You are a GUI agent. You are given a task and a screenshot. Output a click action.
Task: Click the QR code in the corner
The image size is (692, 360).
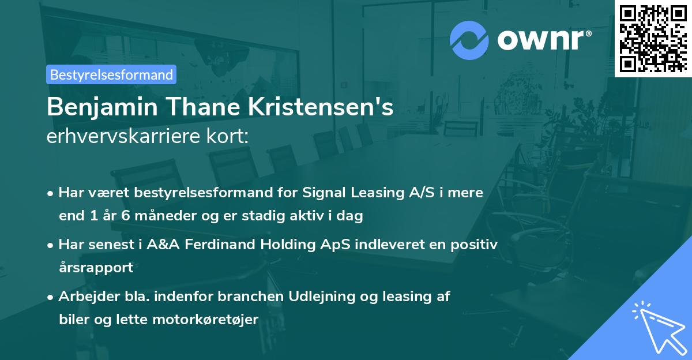click(x=653, y=38)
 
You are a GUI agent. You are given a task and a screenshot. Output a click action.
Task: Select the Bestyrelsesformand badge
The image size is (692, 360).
click(x=111, y=74)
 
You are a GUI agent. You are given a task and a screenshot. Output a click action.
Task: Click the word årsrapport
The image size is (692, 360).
click(x=96, y=268)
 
